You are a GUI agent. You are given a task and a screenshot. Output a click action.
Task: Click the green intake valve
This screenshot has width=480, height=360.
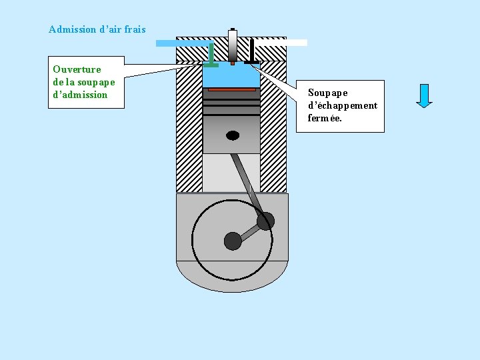pos(211,57)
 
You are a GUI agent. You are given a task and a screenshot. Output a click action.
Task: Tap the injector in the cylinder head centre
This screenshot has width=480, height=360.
pos(232,47)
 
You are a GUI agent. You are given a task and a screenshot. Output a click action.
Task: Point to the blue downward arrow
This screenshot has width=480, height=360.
pos(424,95)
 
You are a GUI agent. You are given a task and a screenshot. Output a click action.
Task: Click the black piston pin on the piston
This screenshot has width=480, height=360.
pos(233,135)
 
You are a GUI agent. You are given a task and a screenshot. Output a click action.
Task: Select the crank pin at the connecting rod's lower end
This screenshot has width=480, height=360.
pos(265,221)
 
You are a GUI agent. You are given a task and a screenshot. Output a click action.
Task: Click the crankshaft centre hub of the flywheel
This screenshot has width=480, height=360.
pos(233,240)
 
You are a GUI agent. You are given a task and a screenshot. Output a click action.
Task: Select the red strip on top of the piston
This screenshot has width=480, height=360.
pos(231,89)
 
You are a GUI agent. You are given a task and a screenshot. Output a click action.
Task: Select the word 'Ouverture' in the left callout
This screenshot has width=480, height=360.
pos(77,69)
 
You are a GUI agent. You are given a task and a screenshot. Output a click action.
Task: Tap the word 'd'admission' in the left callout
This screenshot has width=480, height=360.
pos(80,95)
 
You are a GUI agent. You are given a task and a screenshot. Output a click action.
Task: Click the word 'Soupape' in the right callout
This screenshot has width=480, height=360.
pos(328,93)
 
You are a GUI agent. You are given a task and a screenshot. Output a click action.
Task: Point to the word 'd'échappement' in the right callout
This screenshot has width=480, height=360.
pos(343,105)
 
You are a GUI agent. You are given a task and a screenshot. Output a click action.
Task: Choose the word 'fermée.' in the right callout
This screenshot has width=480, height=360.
pos(325,118)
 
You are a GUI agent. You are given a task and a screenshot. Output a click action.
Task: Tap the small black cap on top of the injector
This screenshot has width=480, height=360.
pos(232,30)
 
